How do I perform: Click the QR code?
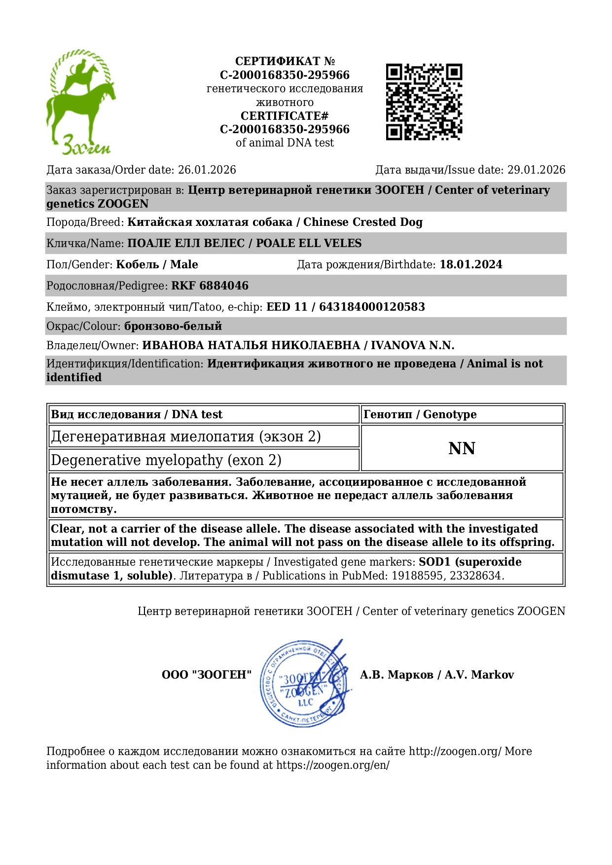point(424,102)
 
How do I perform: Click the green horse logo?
point(80,102)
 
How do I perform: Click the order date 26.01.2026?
point(207,170)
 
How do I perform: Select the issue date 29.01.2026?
point(536,170)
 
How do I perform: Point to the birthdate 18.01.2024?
point(470,265)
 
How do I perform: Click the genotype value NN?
point(462,448)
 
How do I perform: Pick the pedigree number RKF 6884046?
point(210,286)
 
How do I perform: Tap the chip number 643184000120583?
point(372,307)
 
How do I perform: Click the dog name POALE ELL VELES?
point(309,244)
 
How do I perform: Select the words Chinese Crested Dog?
point(362,222)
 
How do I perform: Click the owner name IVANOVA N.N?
point(412,346)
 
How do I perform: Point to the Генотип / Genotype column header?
point(420,415)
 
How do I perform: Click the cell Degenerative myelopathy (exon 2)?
point(166,460)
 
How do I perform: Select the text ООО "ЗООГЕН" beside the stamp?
point(207,675)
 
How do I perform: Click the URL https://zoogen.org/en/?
point(332,765)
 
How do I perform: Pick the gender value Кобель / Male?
point(157,265)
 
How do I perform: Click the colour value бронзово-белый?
point(173,326)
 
